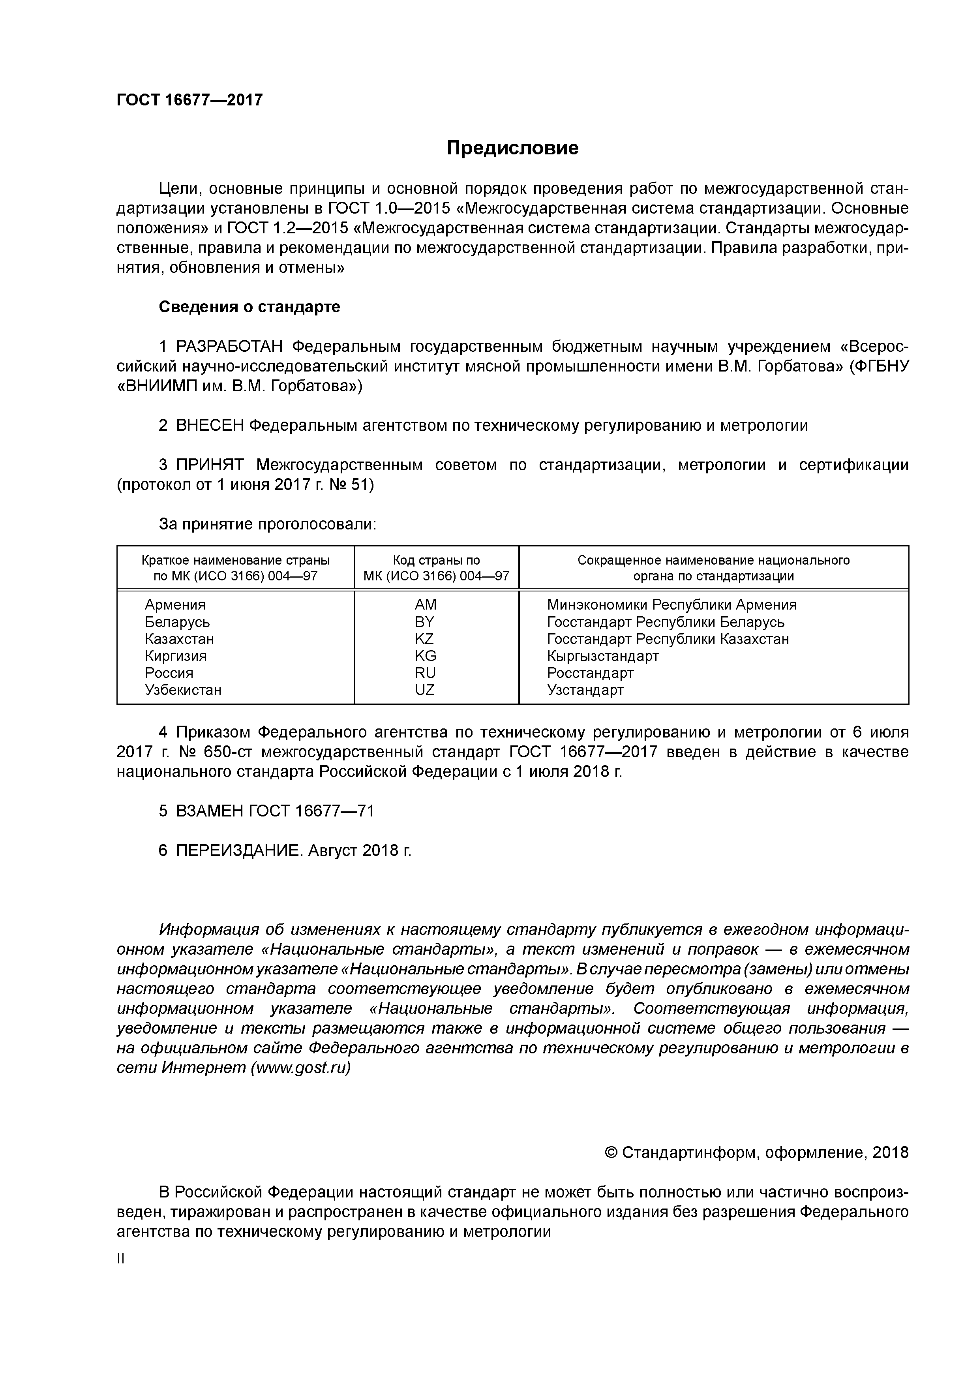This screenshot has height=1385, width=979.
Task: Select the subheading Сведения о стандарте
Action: pyautogui.click(x=249, y=307)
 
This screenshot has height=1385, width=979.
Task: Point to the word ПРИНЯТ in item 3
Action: pyautogui.click(x=209, y=465)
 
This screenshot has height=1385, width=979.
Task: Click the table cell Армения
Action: pyautogui.click(x=175, y=604)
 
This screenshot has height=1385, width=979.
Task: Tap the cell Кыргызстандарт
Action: pyautogui.click(x=603, y=656)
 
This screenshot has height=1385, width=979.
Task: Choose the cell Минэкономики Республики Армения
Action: pyautogui.click(x=671, y=604)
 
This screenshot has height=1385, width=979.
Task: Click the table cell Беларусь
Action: pyautogui.click(x=177, y=622)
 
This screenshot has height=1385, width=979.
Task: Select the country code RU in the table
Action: pyautogui.click(x=425, y=673)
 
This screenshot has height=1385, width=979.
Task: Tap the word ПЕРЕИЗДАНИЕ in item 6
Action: pyautogui.click(x=238, y=850)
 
